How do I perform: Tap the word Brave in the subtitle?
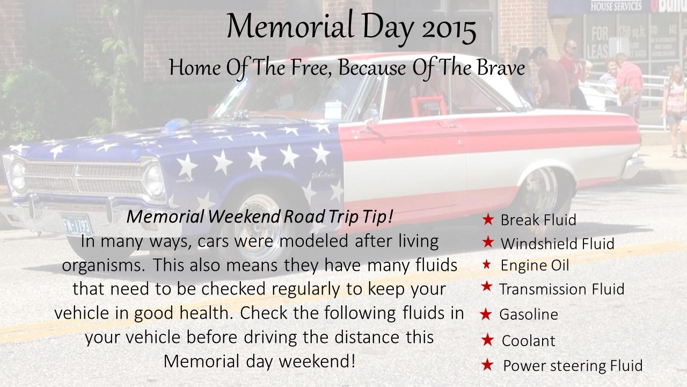(501, 68)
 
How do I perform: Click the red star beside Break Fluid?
(488, 219)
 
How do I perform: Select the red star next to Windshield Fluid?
(488, 242)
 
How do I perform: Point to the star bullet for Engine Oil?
(486, 264)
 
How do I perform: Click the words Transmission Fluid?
(562, 289)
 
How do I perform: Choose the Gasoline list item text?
(529, 314)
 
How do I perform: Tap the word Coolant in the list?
(529, 341)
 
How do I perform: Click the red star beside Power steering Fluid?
(487, 365)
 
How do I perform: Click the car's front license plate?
(77, 225)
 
